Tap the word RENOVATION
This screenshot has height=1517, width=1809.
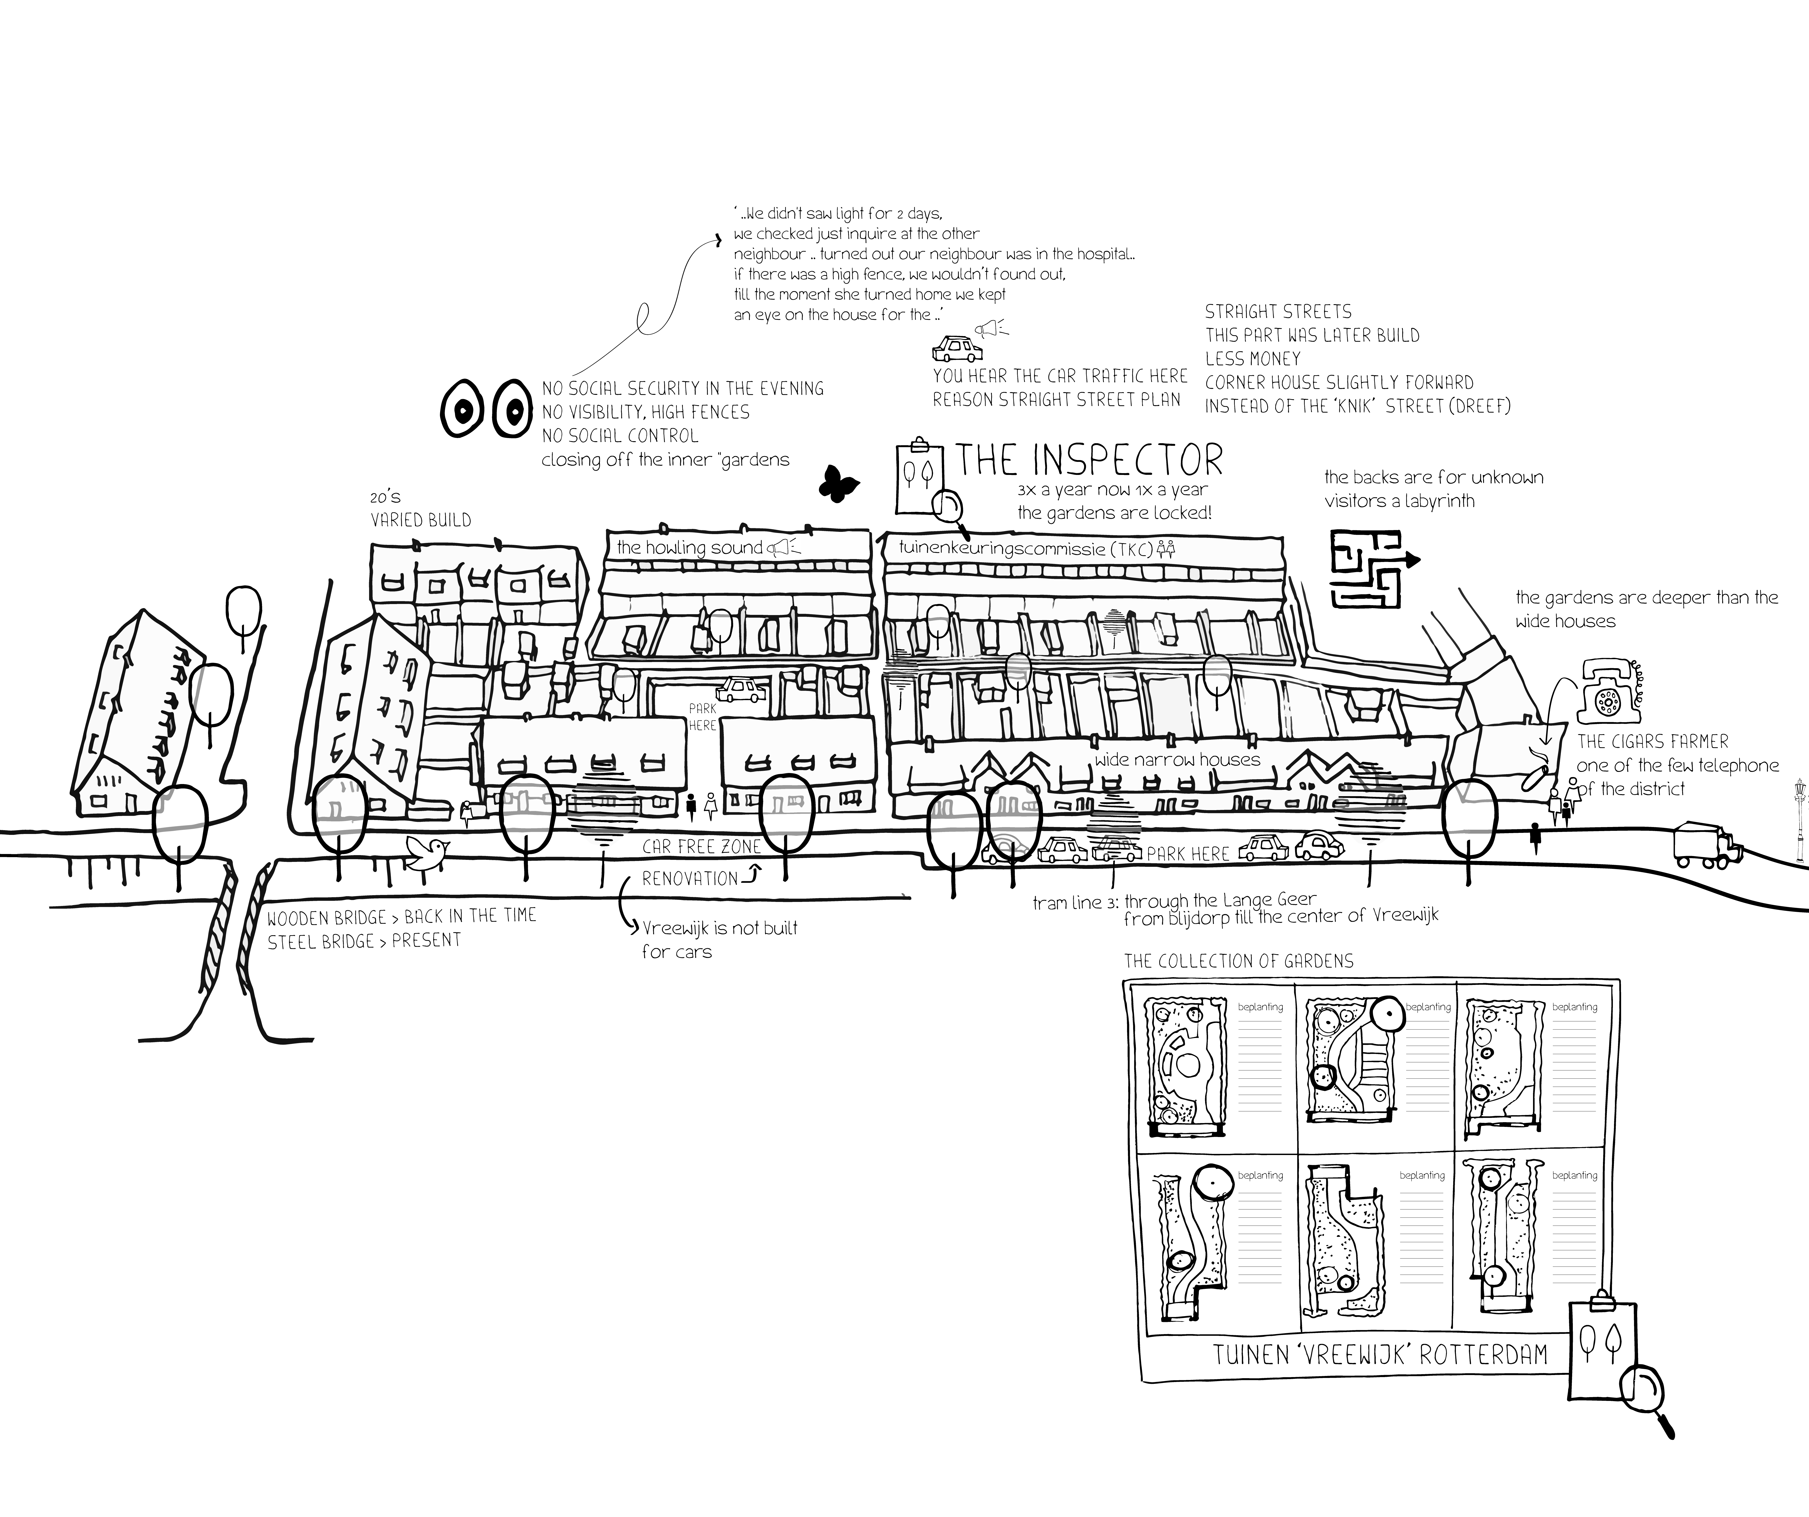pos(690,879)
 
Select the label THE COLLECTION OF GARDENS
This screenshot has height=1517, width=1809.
pos(1239,961)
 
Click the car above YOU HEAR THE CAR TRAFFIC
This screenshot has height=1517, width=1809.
pos(957,349)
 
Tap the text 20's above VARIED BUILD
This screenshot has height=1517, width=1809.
pos(385,497)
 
